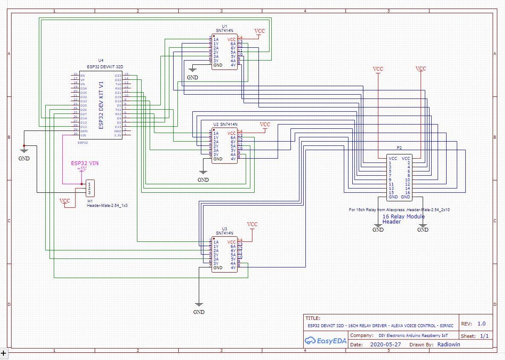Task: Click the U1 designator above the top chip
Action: [x=224, y=26]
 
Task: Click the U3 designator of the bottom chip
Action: [x=224, y=229]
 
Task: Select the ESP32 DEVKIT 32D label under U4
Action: [x=105, y=67]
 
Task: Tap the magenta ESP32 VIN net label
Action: [x=85, y=163]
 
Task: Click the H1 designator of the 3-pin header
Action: [x=90, y=200]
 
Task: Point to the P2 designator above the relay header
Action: [x=399, y=148]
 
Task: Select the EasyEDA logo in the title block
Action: [x=325, y=340]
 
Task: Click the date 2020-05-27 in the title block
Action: [x=386, y=344]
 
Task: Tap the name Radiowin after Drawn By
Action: [x=449, y=344]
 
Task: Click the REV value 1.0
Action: [x=481, y=324]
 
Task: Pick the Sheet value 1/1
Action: [x=484, y=336]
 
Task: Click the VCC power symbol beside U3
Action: [x=252, y=225]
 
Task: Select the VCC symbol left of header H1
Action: [x=65, y=201]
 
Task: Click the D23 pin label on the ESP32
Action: [x=118, y=75]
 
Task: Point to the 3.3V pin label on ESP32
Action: [x=118, y=135]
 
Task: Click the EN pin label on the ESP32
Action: [x=82, y=75]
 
